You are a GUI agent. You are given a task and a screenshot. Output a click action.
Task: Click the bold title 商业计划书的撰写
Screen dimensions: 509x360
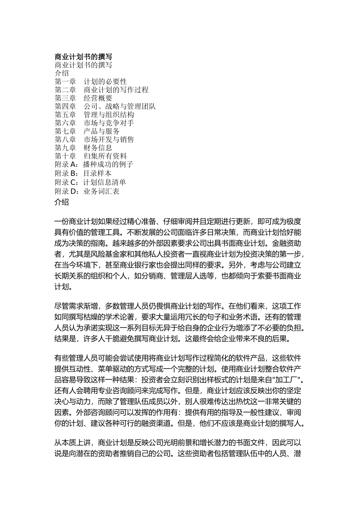(83, 57)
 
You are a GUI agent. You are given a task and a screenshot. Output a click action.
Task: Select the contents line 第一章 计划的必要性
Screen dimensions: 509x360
(91, 82)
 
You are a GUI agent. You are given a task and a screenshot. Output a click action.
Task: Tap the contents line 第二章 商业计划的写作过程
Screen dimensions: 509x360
(101, 90)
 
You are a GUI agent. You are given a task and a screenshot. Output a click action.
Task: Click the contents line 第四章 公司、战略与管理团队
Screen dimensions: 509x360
(105, 107)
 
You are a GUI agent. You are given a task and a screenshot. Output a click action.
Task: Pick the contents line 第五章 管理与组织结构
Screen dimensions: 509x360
(94, 115)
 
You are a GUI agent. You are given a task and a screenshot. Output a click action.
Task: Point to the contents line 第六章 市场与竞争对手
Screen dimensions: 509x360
(94, 123)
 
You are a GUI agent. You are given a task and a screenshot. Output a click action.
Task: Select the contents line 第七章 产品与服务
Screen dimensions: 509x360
(87, 131)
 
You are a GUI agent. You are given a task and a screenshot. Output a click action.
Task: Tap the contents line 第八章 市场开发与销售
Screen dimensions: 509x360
(94, 140)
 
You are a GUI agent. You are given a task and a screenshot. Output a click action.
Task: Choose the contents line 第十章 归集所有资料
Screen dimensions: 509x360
(91, 156)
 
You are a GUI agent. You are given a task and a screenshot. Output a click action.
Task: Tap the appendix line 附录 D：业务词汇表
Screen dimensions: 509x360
(87, 192)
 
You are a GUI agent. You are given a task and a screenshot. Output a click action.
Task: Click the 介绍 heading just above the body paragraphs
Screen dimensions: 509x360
(62, 202)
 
